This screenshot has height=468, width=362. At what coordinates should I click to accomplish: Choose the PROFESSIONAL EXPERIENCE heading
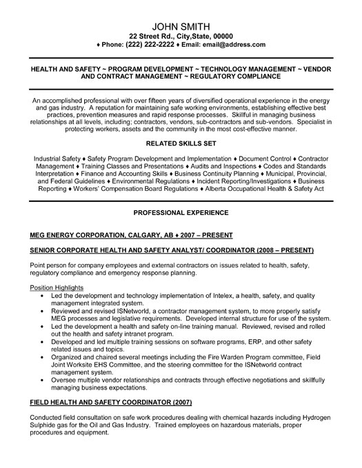(181, 214)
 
